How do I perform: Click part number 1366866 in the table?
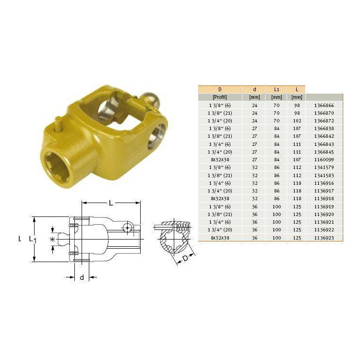324,106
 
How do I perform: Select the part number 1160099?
324,159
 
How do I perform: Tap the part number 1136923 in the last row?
324,238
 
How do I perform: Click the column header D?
220,89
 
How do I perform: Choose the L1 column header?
276,89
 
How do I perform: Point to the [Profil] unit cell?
220,97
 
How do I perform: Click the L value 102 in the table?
297,121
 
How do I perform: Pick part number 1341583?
324,175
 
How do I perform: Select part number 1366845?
324,152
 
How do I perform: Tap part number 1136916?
324,183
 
